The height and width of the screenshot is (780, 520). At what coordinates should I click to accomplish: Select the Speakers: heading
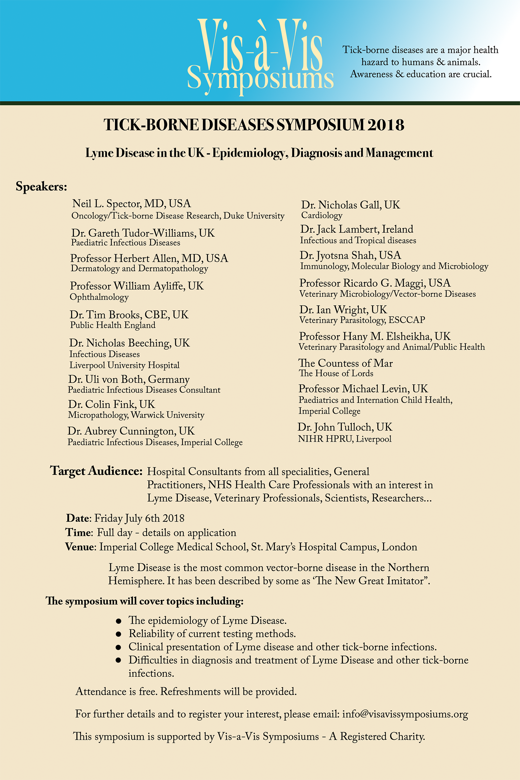tap(42, 187)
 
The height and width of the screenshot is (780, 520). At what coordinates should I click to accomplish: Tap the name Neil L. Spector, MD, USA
tap(132, 203)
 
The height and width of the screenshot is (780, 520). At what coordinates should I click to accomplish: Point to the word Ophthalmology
tap(99, 297)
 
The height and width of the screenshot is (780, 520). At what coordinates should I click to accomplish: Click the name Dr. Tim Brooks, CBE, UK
tap(129, 314)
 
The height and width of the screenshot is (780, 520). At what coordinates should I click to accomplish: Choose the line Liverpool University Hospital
tap(124, 365)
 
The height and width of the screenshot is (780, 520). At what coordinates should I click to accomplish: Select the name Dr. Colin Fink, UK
tap(111, 404)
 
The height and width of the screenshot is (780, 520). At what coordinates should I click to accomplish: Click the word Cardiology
tap(322, 215)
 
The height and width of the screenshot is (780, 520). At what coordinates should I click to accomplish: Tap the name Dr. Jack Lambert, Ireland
tap(357, 229)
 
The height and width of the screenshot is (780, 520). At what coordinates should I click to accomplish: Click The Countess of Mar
tap(345, 363)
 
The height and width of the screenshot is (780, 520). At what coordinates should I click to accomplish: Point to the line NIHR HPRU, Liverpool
tap(344, 439)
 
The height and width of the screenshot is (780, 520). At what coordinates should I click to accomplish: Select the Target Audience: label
tap(96, 471)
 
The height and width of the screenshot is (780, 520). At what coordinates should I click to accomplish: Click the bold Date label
tap(78, 518)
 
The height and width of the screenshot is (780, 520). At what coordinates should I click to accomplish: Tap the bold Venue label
tap(80, 547)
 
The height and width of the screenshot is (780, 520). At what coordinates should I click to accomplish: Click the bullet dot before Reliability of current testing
tap(118, 634)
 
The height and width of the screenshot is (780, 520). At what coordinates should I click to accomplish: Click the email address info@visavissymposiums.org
tap(405, 714)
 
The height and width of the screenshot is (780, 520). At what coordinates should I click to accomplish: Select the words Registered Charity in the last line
tap(382, 736)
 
